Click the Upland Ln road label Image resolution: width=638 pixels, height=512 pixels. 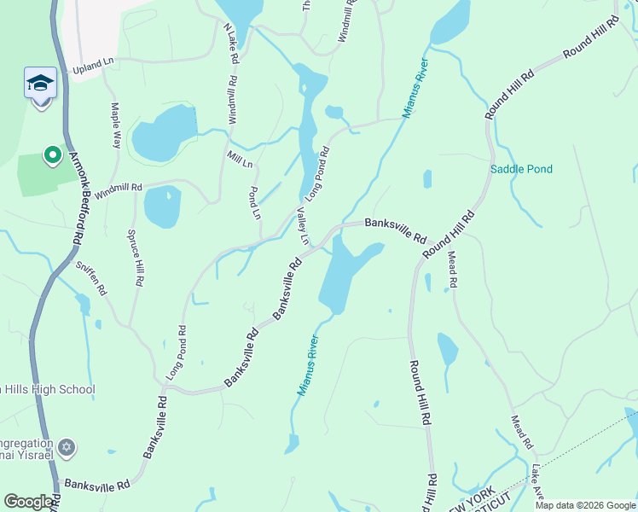point(94,64)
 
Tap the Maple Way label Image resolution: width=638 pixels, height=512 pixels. point(116,125)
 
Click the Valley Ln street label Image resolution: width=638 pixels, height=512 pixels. point(302,225)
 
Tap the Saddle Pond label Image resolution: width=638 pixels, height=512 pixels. point(521,170)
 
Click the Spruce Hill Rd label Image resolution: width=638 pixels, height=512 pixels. point(136,256)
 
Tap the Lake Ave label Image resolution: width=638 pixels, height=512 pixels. point(536,483)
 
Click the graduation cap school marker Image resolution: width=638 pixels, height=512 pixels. point(40,84)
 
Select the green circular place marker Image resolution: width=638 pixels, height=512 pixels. point(52,154)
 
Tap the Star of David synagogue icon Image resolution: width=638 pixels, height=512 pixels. point(68,447)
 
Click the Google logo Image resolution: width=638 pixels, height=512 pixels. point(29,503)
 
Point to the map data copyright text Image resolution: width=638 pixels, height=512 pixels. point(584,505)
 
